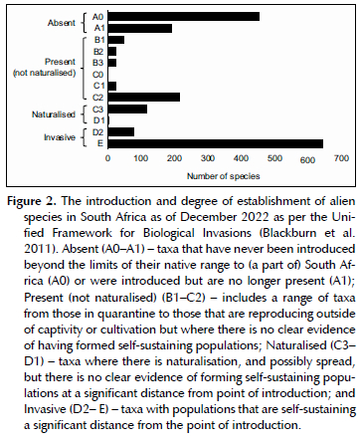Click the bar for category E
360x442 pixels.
[x=216, y=143]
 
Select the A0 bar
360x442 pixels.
[x=184, y=17]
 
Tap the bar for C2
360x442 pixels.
[x=144, y=97]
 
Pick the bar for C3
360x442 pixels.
[x=127, y=109]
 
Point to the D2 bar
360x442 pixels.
[x=121, y=132]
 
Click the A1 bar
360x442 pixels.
[x=140, y=28]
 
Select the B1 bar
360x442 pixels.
[x=116, y=40]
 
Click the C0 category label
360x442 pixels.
[x=97, y=75]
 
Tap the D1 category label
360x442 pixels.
[x=98, y=120]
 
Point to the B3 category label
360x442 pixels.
[x=97, y=63]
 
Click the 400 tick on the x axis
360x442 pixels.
[x=241, y=158]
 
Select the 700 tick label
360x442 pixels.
[x=341, y=158]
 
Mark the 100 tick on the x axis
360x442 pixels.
[x=141, y=158]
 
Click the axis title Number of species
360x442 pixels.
[x=224, y=176]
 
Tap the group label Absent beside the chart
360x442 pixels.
[x=62, y=23]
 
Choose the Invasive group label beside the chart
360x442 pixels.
[x=60, y=137]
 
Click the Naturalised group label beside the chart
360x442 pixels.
[x=54, y=114]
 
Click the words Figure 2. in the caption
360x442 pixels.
[x=32, y=201]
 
